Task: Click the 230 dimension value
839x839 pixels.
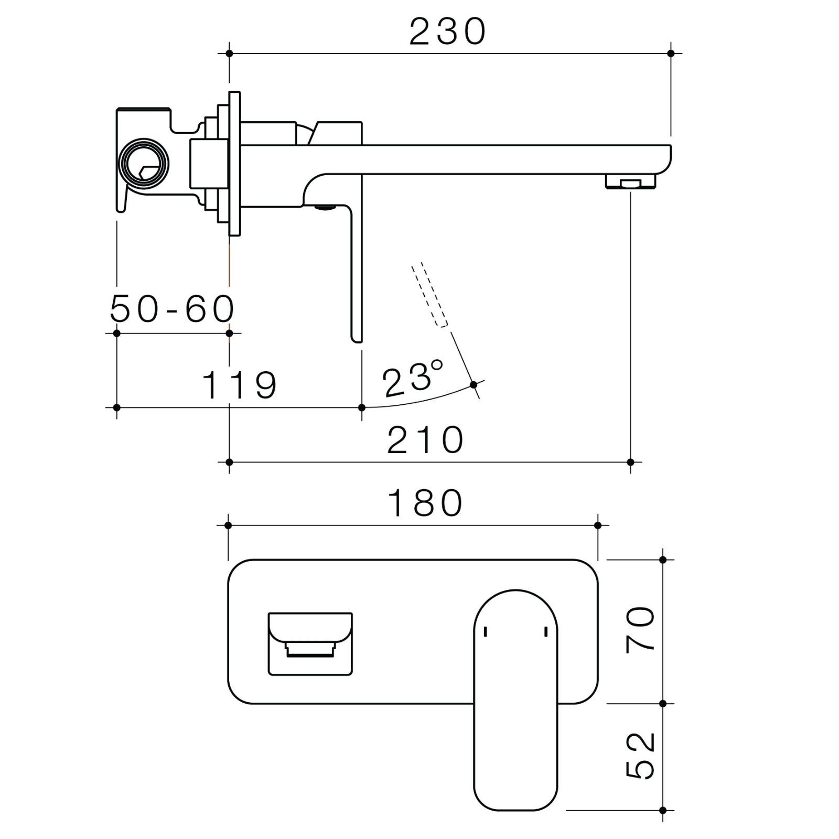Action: [x=447, y=32]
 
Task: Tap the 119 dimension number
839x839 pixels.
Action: [x=239, y=385]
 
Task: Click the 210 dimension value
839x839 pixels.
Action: [x=425, y=440]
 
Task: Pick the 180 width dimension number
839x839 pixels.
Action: [x=425, y=503]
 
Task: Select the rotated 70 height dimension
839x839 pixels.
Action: [x=641, y=629]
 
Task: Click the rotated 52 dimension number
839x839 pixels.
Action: [x=641, y=755]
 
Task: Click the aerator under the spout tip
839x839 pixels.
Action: [x=630, y=182]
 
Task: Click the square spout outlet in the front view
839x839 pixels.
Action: [x=310, y=643]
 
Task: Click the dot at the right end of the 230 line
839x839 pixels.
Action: [x=671, y=53]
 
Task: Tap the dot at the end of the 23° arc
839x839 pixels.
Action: [x=474, y=385]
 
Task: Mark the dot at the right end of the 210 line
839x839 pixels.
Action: [x=630, y=462]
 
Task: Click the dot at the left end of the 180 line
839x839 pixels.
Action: [x=228, y=525]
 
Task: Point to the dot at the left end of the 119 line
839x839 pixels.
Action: [x=116, y=407]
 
